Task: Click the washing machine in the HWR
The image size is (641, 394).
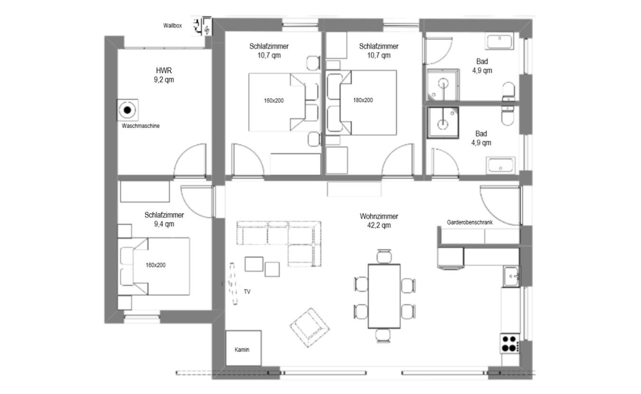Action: [x=128, y=110]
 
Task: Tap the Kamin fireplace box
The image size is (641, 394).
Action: [x=244, y=348]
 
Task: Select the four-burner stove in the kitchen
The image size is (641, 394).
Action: [x=509, y=344]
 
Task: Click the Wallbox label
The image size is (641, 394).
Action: [x=172, y=26]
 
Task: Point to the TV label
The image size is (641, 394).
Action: [x=247, y=292]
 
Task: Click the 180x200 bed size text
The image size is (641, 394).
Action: [x=363, y=100]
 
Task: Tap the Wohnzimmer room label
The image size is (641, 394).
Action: [x=379, y=216]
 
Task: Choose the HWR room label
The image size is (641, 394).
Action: [x=164, y=70]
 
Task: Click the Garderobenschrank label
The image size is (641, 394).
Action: [x=470, y=222]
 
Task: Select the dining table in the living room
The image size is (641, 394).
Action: [x=384, y=297]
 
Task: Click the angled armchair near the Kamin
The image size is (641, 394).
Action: [x=310, y=328]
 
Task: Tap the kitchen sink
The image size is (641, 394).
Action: [x=511, y=276]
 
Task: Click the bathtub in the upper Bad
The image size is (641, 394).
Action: [x=500, y=41]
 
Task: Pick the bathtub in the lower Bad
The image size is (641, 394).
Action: [x=500, y=165]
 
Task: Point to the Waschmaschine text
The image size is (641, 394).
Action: [x=141, y=126]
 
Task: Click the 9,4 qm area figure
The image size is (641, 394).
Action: [x=164, y=224]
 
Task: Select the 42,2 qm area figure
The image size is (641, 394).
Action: [x=379, y=225]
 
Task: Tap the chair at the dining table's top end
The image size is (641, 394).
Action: [x=384, y=256]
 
